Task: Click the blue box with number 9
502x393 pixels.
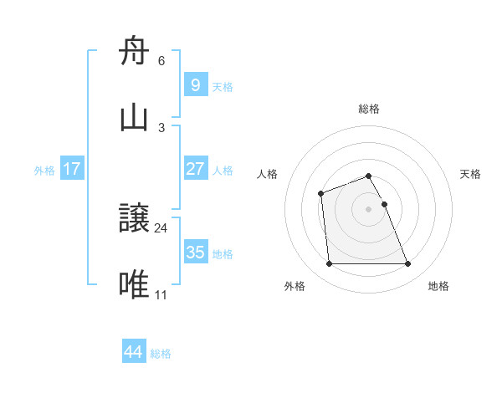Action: (195, 84)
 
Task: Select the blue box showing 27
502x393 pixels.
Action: (195, 169)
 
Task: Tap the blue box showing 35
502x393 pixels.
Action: (195, 253)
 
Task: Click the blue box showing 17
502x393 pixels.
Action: (72, 169)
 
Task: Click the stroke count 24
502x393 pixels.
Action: (161, 227)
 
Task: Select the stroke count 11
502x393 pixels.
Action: (161, 294)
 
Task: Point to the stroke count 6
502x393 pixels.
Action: (161, 61)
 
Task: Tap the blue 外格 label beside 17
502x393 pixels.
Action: (44, 170)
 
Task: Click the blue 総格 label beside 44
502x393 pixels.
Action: (161, 353)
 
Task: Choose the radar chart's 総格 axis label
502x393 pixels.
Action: (369, 109)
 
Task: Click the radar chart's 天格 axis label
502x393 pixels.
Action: (470, 174)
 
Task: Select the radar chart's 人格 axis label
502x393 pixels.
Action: (268, 174)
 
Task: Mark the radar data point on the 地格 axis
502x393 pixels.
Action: (408, 264)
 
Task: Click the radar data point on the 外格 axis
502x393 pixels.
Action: (329, 264)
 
